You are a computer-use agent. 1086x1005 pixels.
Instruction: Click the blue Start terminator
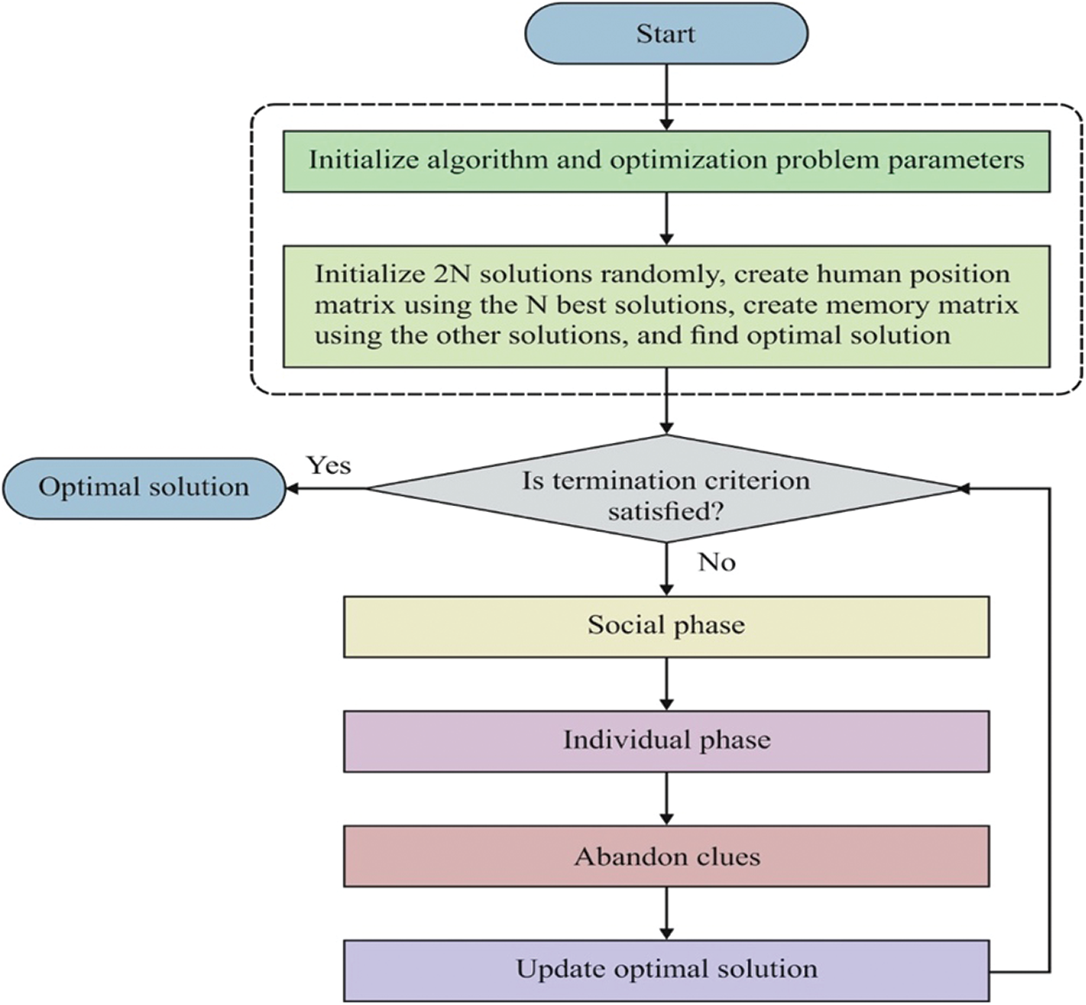point(666,34)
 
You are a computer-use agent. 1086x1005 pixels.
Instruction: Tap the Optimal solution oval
point(144,489)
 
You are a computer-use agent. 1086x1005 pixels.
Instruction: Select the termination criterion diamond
point(666,489)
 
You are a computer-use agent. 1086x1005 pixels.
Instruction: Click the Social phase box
point(666,627)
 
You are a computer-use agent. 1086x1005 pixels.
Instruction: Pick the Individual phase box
point(666,742)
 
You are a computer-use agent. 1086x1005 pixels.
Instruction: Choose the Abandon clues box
point(666,856)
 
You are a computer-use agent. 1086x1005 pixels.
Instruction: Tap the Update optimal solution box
point(666,971)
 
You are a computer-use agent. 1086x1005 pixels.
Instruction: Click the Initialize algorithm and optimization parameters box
point(666,161)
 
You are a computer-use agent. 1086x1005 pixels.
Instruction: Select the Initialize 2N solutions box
point(666,307)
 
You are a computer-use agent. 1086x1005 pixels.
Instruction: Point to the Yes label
point(329,465)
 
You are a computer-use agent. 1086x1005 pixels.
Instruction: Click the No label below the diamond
point(717,562)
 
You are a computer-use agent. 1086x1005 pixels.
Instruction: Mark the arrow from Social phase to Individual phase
point(666,684)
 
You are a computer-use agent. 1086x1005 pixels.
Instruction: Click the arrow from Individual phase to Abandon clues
point(666,799)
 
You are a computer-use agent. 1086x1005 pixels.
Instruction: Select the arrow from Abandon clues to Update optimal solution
point(666,913)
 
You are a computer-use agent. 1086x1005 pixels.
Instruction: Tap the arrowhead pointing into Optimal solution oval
point(292,489)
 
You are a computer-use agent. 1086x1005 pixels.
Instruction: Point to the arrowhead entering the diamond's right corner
point(964,489)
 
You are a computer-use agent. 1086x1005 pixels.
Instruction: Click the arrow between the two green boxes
point(666,218)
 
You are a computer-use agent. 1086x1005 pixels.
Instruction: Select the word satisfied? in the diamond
point(666,512)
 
